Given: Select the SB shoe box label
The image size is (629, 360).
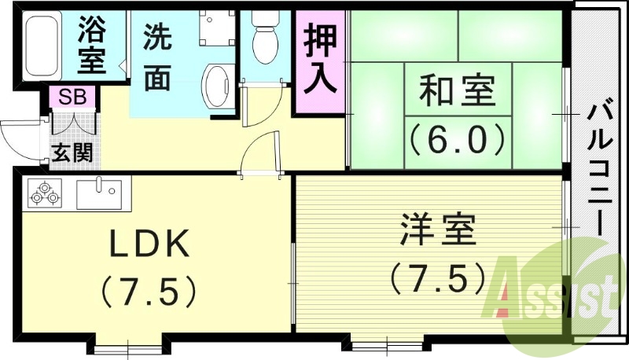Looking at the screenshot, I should tap(72, 97).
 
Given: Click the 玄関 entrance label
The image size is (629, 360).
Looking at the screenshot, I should tap(72, 152).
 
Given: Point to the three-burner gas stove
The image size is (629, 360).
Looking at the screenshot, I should tap(44, 193).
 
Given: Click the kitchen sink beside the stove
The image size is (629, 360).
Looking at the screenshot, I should tap(100, 193).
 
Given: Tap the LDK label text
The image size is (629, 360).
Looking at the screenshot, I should tap(149, 246).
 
